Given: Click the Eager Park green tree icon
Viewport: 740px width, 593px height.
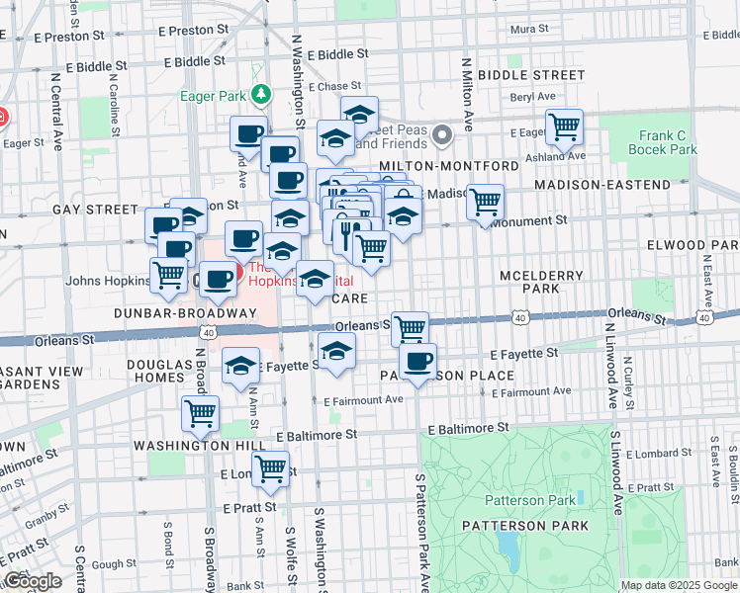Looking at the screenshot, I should (x=260, y=95).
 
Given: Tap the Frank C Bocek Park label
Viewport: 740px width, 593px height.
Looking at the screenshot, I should (x=662, y=142).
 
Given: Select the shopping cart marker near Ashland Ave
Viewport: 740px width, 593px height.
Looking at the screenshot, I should (x=564, y=126).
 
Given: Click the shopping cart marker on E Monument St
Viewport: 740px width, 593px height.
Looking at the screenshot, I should (x=485, y=202).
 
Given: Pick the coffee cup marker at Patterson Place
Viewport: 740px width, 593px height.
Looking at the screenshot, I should (x=418, y=361).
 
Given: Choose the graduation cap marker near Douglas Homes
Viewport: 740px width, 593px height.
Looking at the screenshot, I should (x=239, y=366).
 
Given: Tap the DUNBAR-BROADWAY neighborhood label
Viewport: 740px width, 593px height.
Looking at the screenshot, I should (x=171, y=312).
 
